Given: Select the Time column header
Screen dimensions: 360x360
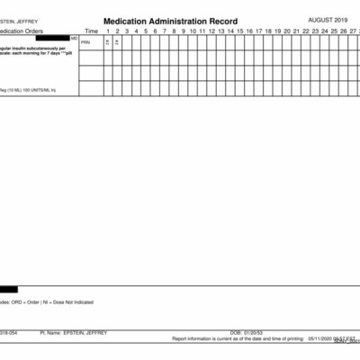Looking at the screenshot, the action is pos(91,31).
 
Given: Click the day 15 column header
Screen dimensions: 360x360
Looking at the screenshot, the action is pos(240,31).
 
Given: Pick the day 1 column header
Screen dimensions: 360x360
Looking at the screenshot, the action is pos(107,31).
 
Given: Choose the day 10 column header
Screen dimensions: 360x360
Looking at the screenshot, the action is pos(192,31).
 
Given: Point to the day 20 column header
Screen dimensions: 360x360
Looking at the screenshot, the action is pos(287,31).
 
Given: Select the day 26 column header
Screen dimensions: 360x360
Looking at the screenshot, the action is pos(344,31).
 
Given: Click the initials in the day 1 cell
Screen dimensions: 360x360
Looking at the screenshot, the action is pos(107,42).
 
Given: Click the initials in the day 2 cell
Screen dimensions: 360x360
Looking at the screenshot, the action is pos(117,42).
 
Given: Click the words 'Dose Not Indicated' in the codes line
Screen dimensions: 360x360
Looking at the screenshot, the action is pos(67,302).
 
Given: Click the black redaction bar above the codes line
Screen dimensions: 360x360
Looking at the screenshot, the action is pos(8,289).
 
